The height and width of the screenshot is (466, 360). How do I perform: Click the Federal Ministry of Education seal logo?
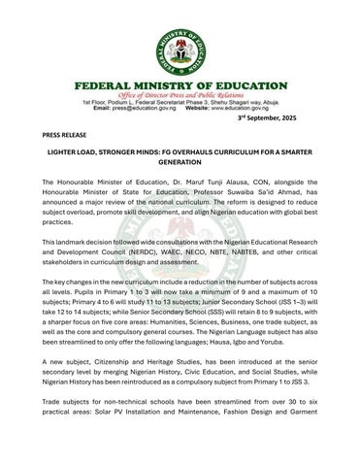pyautogui.click(x=180, y=40)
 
